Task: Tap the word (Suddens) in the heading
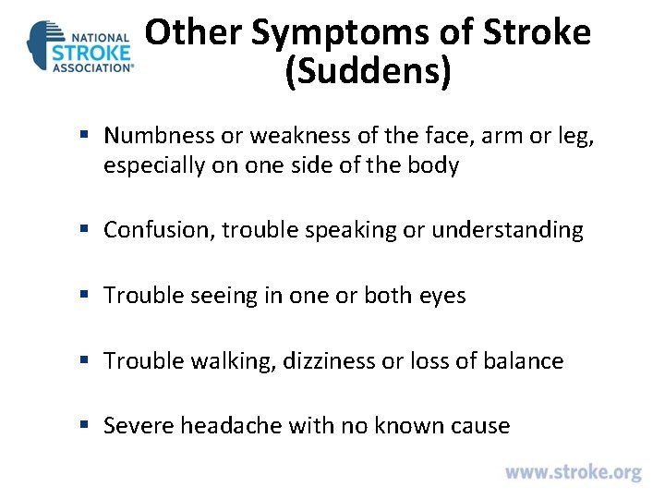tap(369, 72)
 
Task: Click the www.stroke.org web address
tap(573, 472)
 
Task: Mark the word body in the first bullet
tap(435, 166)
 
